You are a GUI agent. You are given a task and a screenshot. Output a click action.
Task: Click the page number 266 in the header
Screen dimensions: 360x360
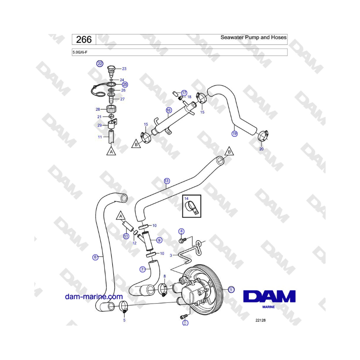pos(84,39)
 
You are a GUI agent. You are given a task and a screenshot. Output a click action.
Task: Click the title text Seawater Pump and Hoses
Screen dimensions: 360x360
pos(254,37)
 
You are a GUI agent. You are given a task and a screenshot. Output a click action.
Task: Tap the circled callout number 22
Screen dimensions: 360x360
pos(100,64)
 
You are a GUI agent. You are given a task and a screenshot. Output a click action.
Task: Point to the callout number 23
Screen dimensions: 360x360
pos(124,69)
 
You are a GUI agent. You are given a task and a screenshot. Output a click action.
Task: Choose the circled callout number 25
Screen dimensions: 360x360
pos(125,84)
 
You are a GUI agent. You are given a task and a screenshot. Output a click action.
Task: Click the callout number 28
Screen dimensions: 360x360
pos(98,109)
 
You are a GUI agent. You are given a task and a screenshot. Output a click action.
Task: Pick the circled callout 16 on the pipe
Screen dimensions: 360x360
pos(168,110)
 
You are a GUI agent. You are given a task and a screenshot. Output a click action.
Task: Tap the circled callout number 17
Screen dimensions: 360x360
pos(184,92)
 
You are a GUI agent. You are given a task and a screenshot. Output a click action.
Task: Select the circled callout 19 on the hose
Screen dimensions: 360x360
pos(234,134)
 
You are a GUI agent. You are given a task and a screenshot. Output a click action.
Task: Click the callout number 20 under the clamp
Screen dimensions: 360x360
pos(261,149)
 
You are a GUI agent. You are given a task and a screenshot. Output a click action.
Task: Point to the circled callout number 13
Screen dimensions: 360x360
pos(167,180)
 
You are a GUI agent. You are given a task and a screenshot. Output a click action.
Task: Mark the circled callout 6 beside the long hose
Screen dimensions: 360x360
pos(95,257)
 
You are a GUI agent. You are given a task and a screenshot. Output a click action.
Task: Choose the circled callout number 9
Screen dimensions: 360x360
pos(159,240)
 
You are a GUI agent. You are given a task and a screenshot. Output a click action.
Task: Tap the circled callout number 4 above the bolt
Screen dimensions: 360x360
pos(181,231)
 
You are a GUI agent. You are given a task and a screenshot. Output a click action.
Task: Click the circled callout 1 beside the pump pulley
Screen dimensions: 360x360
pos(231,290)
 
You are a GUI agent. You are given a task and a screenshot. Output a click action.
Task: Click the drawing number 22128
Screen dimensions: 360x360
pos(261,320)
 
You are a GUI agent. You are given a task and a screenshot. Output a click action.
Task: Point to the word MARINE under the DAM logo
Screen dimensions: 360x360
pos(268,307)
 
